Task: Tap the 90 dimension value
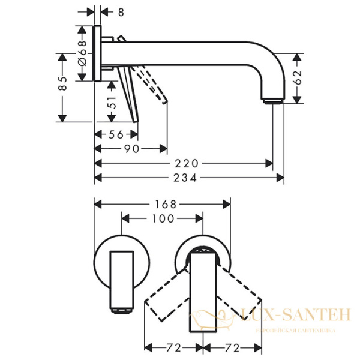(131, 148)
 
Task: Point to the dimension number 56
(115, 134)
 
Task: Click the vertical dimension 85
(62, 84)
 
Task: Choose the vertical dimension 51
(112, 103)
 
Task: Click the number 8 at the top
(121, 10)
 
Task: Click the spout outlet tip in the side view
(271, 100)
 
